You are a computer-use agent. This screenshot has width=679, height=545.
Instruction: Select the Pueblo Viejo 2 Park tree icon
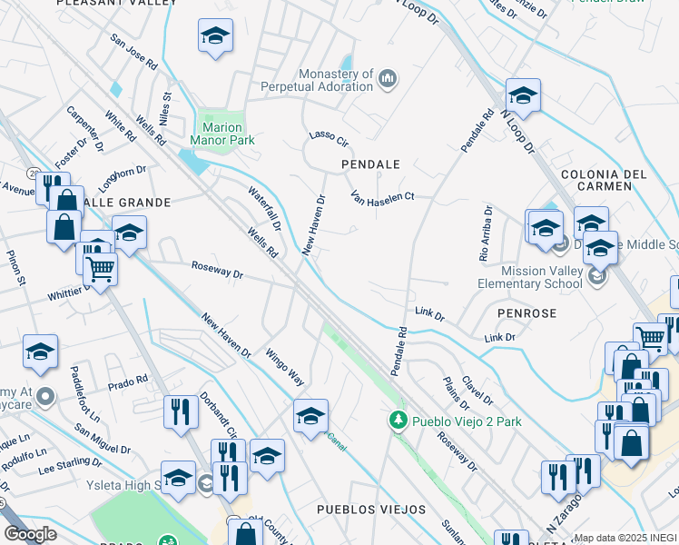coord(397,421)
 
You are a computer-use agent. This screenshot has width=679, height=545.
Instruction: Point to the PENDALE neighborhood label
coord(370,164)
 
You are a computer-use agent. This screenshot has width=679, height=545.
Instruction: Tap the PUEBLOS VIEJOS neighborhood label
coord(370,510)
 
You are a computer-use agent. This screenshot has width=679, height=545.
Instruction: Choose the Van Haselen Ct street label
coord(382,197)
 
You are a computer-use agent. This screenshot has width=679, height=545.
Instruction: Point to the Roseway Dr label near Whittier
coord(218,271)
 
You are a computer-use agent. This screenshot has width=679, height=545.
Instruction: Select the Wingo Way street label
coord(284,366)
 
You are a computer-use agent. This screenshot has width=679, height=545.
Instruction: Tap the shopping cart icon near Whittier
coord(100,267)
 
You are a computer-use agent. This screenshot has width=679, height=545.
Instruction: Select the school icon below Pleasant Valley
coord(215,37)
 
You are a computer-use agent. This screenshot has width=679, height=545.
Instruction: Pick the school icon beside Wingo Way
coord(310,415)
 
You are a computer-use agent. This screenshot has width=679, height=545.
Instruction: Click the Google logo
coord(30,534)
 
